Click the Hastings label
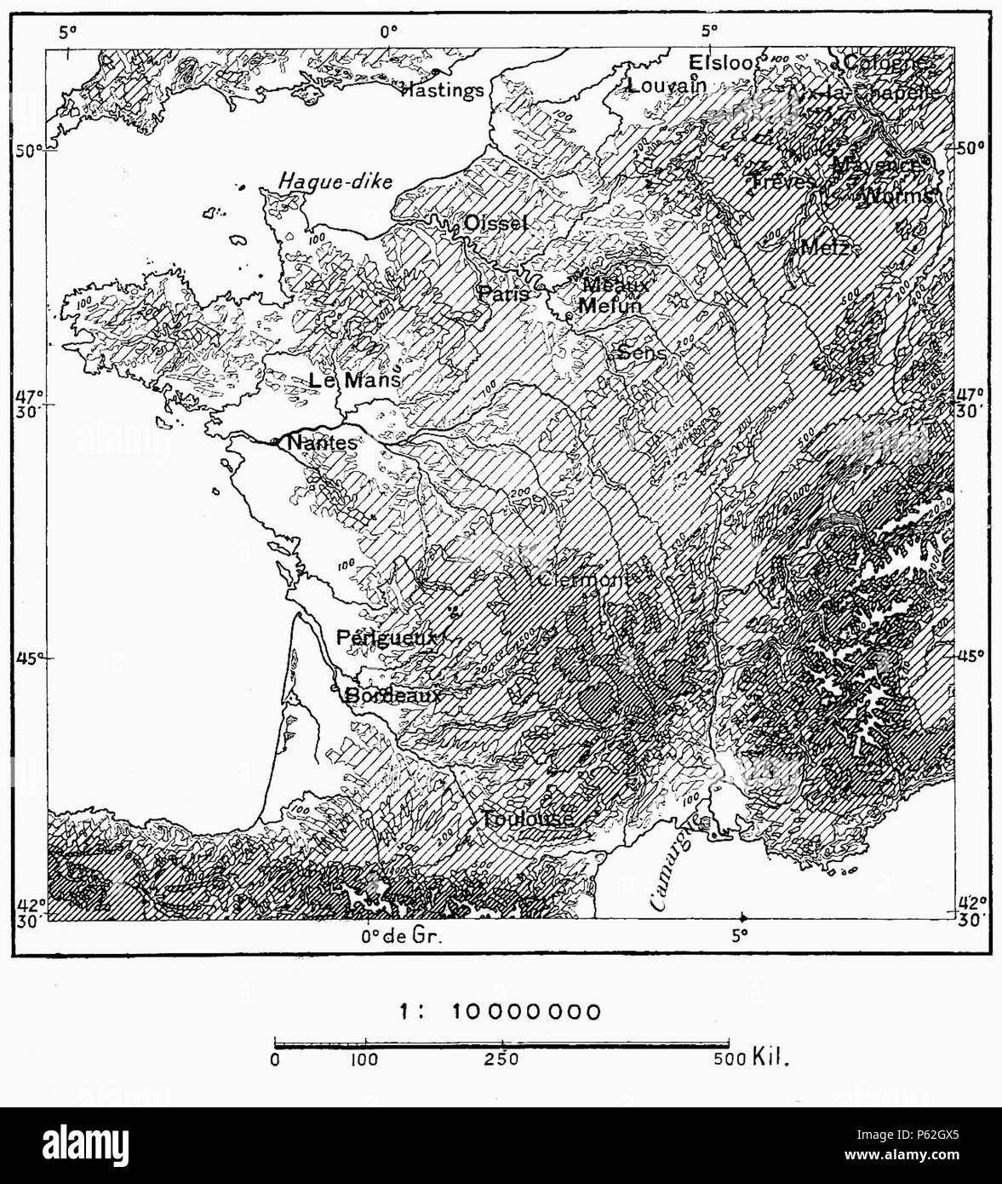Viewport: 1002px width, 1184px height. [x=442, y=89]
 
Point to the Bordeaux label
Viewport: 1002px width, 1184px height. [x=393, y=695]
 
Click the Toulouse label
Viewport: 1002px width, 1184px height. [x=528, y=819]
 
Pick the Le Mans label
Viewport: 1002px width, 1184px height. [x=353, y=381]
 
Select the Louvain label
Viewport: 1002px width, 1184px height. [x=667, y=85]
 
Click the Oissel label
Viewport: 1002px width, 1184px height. [x=495, y=223]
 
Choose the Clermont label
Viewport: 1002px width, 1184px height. [x=586, y=579]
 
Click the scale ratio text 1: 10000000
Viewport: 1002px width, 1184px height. [x=501, y=1011]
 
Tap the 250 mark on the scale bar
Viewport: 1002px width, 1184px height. [x=501, y=1060]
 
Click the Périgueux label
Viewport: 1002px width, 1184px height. [x=386, y=637]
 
